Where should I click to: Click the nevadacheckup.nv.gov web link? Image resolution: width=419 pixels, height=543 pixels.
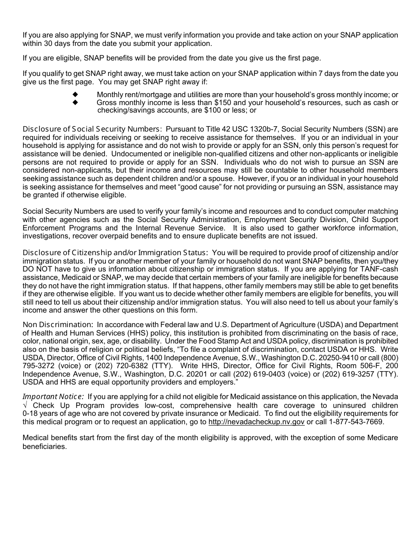(256, 422)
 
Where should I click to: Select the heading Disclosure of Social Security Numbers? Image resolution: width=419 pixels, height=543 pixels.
(92, 129)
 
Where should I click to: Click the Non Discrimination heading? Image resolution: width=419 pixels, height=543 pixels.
(57, 324)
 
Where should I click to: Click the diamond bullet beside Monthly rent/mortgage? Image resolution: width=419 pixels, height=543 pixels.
(75, 94)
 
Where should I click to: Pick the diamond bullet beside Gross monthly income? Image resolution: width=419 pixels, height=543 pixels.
(75, 102)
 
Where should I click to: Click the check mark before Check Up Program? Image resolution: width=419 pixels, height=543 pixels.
(26, 405)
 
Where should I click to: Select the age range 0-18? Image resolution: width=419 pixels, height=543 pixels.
(31, 413)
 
